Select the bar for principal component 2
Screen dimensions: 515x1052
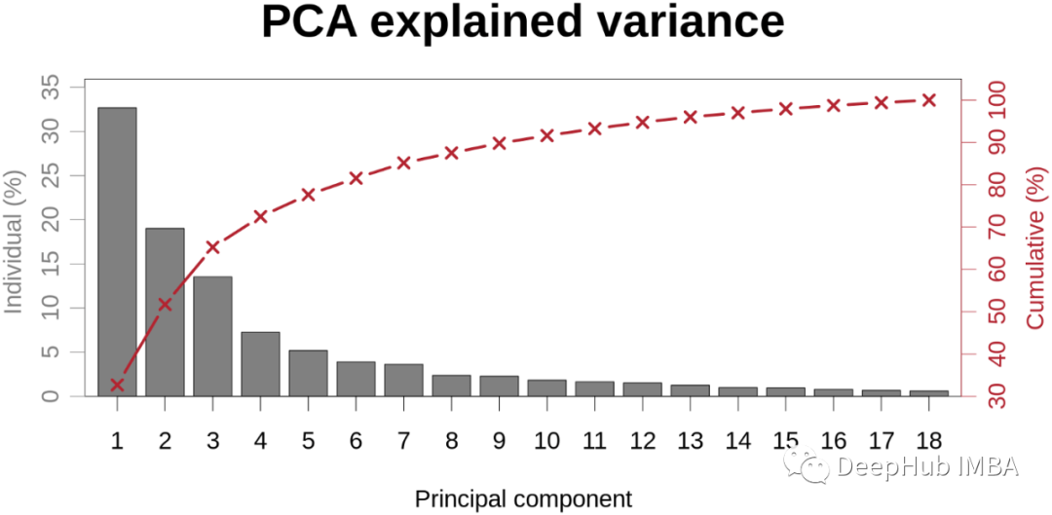click(165, 312)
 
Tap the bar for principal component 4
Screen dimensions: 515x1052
click(260, 364)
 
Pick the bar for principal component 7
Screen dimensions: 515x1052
click(403, 380)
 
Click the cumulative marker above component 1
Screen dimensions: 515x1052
click(117, 386)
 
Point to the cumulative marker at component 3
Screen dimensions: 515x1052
click(212, 247)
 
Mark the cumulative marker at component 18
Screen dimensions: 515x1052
click(928, 100)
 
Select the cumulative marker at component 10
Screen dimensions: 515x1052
click(546, 135)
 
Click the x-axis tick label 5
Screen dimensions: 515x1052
click(308, 441)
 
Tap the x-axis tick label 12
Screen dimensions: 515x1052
click(642, 441)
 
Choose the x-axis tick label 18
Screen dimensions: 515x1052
click(928, 441)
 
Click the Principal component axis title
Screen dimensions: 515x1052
click(523, 499)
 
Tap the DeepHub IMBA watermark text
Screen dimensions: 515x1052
click(927, 467)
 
